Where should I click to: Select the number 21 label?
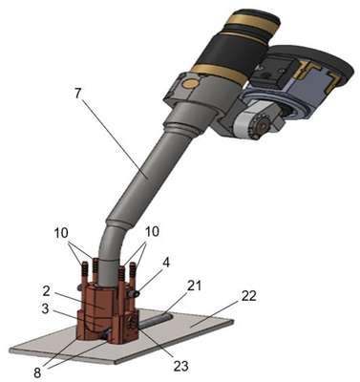pyautogui.click(x=194, y=286)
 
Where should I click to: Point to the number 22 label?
pyautogui.click(x=248, y=296)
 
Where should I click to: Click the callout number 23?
pyautogui.click(x=181, y=366)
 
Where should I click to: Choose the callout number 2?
pyautogui.click(x=46, y=290)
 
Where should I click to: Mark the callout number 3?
pyautogui.click(x=45, y=308)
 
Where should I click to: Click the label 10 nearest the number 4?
pyautogui.click(x=152, y=232)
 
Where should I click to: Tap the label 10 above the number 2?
pyautogui.click(x=61, y=233)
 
